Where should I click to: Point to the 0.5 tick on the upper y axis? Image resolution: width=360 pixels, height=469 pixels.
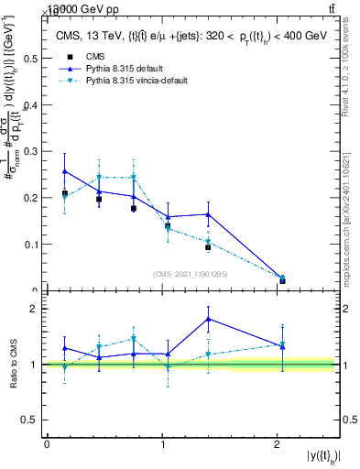click(31, 58)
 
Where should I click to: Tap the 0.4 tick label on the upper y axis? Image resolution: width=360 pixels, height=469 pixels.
click(31, 104)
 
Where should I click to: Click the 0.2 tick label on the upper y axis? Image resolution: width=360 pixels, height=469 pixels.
click(31, 198)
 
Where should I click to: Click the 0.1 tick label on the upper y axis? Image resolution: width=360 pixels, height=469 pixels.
click(31, 245)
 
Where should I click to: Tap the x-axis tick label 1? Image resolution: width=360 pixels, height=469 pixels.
click(162, 445)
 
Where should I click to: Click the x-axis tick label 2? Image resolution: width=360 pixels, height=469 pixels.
click(277, 445)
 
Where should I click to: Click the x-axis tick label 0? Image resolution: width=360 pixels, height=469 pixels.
click(47, 445)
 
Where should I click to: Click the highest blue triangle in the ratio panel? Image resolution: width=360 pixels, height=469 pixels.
click(209, 319)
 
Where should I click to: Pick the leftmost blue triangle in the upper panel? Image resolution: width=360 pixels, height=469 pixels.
click(64, 170)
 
